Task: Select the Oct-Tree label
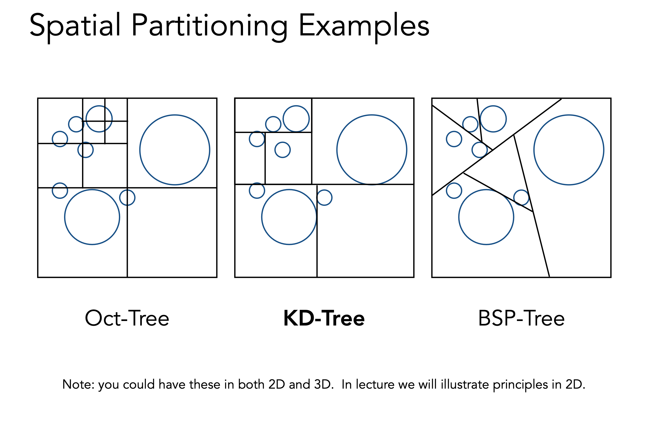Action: tap(127, 318)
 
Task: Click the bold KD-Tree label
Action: tap(324, 318)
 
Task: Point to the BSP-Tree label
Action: tap(521, 318)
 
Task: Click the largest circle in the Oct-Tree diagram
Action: tap(175, 150)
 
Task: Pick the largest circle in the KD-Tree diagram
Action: tap(372, 150)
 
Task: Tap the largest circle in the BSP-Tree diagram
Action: tap(569, 150)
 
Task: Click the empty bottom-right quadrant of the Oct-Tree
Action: tap(172, 232)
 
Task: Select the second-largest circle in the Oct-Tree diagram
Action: tap(92, 217)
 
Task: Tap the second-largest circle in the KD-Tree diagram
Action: tap(289, 217)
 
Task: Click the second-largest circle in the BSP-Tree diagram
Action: tap(486, 217)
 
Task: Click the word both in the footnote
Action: tap(251, 385)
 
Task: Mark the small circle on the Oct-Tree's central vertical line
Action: tap(127, 198)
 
